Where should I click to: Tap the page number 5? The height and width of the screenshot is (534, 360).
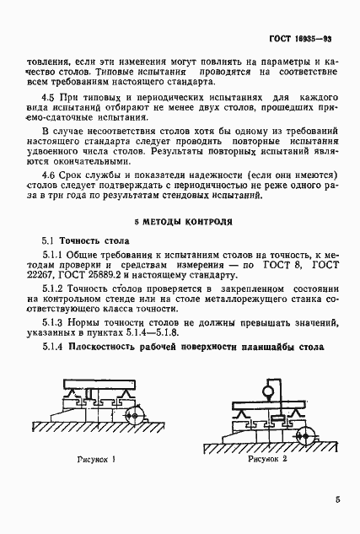click(336, 500)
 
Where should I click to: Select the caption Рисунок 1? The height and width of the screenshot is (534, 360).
click(95, 461)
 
